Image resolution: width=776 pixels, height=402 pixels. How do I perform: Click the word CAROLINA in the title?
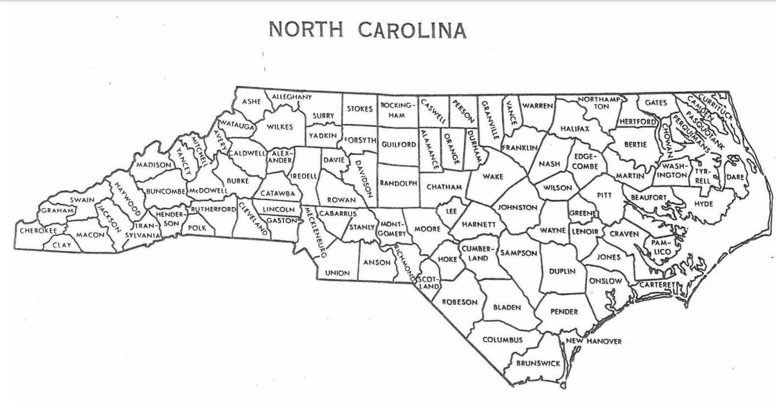[412, 30]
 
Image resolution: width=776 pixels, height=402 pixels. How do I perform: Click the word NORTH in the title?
[306, 30]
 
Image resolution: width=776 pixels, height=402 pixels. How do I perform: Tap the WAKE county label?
[492, 176]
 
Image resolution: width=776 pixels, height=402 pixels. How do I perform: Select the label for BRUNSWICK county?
[538, 363]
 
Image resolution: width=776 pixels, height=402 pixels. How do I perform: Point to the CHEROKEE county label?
[38, 230]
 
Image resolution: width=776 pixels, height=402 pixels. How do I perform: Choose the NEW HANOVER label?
[594, 341]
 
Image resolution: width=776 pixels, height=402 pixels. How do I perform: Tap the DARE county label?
[735, 177]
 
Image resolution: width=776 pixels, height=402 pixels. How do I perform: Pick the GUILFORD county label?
[399, 144]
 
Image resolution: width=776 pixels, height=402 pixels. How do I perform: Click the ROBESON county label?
[460, 302]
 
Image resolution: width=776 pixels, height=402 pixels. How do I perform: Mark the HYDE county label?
[703, 204]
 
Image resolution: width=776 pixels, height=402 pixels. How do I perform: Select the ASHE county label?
[252, 102]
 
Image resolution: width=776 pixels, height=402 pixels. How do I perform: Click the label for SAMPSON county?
[519, 253]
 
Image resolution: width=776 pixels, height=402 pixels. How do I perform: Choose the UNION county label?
[338, 273]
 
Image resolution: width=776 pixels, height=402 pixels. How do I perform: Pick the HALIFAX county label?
[575, 129]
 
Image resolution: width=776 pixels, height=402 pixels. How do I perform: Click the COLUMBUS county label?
[503, 339]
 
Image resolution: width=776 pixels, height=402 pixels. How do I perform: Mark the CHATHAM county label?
[444, 187]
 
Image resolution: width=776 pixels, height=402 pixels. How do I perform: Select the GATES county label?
[656, 103]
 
